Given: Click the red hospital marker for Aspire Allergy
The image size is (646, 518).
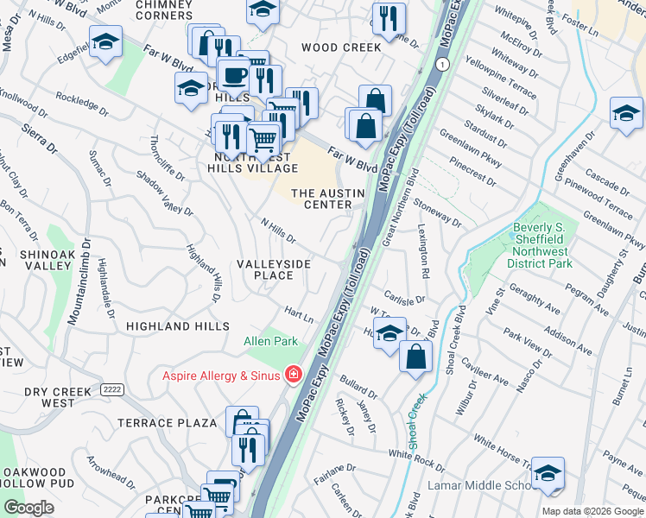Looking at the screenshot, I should click(294, 375).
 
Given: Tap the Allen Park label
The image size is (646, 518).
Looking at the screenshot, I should click(270, 341).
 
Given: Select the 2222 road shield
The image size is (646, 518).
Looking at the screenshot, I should click(111, 389).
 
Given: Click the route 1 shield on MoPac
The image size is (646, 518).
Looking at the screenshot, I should click(442, 65).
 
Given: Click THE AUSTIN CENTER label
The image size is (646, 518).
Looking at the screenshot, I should click(321, 199).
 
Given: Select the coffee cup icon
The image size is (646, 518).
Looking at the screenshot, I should click(233, 75).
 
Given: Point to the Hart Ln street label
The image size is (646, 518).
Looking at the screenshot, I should click(299, 313).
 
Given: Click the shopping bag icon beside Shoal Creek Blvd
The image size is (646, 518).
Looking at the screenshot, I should click(415, 357).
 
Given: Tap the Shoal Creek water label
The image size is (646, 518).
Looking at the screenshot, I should click(416, 420).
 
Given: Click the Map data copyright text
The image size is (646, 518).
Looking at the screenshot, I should click(592, 511).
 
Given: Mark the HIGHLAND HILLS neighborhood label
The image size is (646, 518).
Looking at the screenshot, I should click(177, 326).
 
